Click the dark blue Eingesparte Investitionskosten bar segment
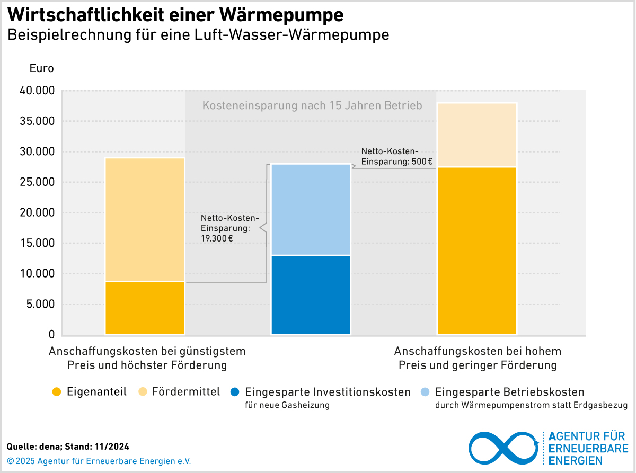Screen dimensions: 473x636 [311, 295]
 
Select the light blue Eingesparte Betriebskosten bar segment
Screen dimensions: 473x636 [311, 210]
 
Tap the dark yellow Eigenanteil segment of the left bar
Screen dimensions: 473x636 [145, 308]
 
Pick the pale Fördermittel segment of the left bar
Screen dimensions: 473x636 [145, 219]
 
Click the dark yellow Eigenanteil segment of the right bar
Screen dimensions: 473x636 [476, 251]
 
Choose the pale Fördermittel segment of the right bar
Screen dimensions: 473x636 [476, 135]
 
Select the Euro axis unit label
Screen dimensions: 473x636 [41, 68]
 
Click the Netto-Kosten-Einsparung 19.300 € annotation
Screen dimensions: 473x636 [229, 228]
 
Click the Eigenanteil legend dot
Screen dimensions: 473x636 [57, 392]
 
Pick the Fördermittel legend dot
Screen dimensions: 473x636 [142, 392]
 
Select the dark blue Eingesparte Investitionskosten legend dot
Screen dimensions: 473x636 [235, 392]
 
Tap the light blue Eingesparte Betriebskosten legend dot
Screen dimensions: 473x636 [425, 392]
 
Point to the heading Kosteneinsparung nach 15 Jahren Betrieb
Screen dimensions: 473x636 [312, 105]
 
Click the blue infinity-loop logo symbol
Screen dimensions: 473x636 [503, 448]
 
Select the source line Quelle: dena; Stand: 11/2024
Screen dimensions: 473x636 [68, 447]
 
